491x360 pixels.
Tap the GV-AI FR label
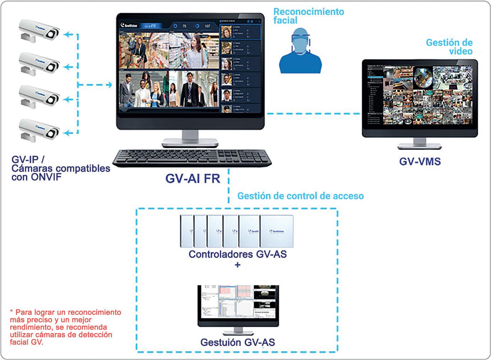(193, 178)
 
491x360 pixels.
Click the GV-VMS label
(420, 161)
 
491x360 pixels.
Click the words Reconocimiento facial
(308, 16)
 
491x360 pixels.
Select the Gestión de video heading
(449, 47)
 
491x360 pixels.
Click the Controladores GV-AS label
(238, 254)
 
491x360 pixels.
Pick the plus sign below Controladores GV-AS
(238, 265)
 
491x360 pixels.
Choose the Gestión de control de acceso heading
(300, 196)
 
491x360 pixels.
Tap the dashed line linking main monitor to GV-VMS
(313, 114)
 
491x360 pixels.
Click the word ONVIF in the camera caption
(44, 177)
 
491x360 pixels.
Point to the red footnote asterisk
(11, 312)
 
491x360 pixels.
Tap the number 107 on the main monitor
(207, 26)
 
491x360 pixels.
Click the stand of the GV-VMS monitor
(420, 144)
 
